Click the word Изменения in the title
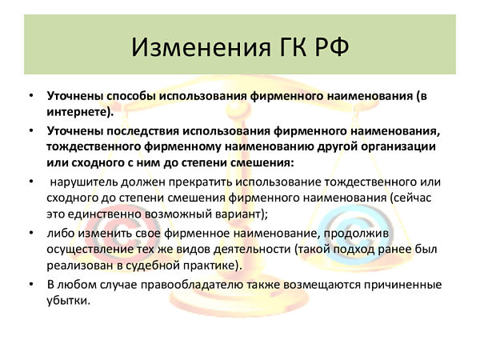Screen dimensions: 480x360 point(201,47)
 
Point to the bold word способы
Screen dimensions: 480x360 point(130,96)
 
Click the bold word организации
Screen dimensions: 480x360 point(398,147)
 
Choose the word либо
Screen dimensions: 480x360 point(61,234)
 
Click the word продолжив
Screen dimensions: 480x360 point(356,234)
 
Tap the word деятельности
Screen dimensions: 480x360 point(252,249)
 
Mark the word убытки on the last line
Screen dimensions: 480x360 point(67,301)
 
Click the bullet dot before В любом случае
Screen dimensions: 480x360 point(31,284)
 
